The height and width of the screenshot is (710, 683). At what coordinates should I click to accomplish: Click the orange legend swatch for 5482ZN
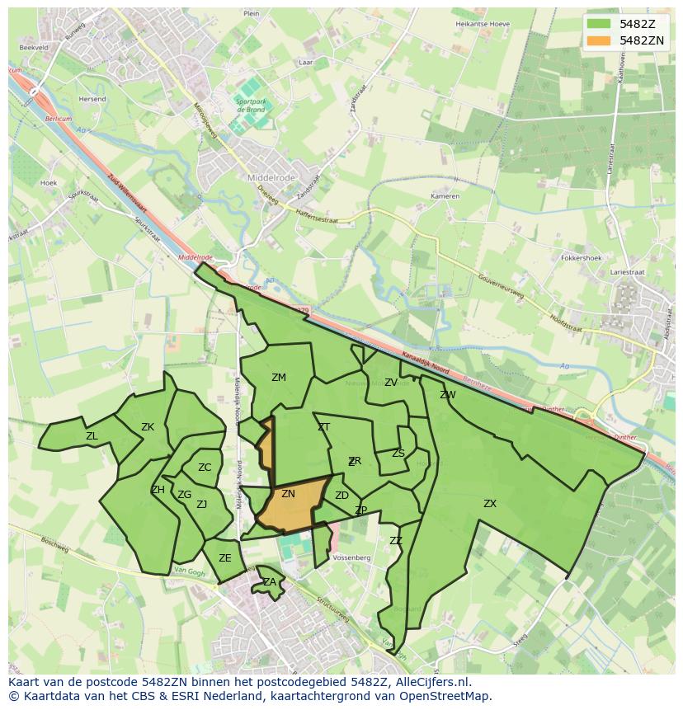[x=600, y=40]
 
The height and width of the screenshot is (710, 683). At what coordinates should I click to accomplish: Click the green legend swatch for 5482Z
[x=600, y=24]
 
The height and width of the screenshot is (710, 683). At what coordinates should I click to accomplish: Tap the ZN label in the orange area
[x=288, y=494]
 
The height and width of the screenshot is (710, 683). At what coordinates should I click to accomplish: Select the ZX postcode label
[x=490, y=503]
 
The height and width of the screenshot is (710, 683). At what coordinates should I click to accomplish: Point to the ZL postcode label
[x=92, y=436]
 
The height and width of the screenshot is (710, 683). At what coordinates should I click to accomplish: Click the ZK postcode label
[x=148, y=427]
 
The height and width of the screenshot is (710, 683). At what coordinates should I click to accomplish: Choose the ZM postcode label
[x=279, y=378]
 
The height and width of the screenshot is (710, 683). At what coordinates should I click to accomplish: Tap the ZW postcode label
[x=448, y=395]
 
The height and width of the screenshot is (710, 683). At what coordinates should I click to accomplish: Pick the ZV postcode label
[x=391, y=383]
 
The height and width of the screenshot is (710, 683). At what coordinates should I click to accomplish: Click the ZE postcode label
[x=225, y=558]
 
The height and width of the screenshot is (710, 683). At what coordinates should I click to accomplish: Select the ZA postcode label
[x=270, y=582]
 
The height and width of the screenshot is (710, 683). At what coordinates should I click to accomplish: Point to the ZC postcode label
[x=205, y=468]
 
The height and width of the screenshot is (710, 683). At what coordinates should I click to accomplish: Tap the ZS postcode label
[x=398, y=454]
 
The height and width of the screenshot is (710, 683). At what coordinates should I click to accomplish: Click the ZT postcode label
[x=324, y=427]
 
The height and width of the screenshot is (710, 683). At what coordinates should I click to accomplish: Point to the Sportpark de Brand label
[x=250, y=106]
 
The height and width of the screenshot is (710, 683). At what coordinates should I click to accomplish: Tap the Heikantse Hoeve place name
[x=483, y=24]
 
